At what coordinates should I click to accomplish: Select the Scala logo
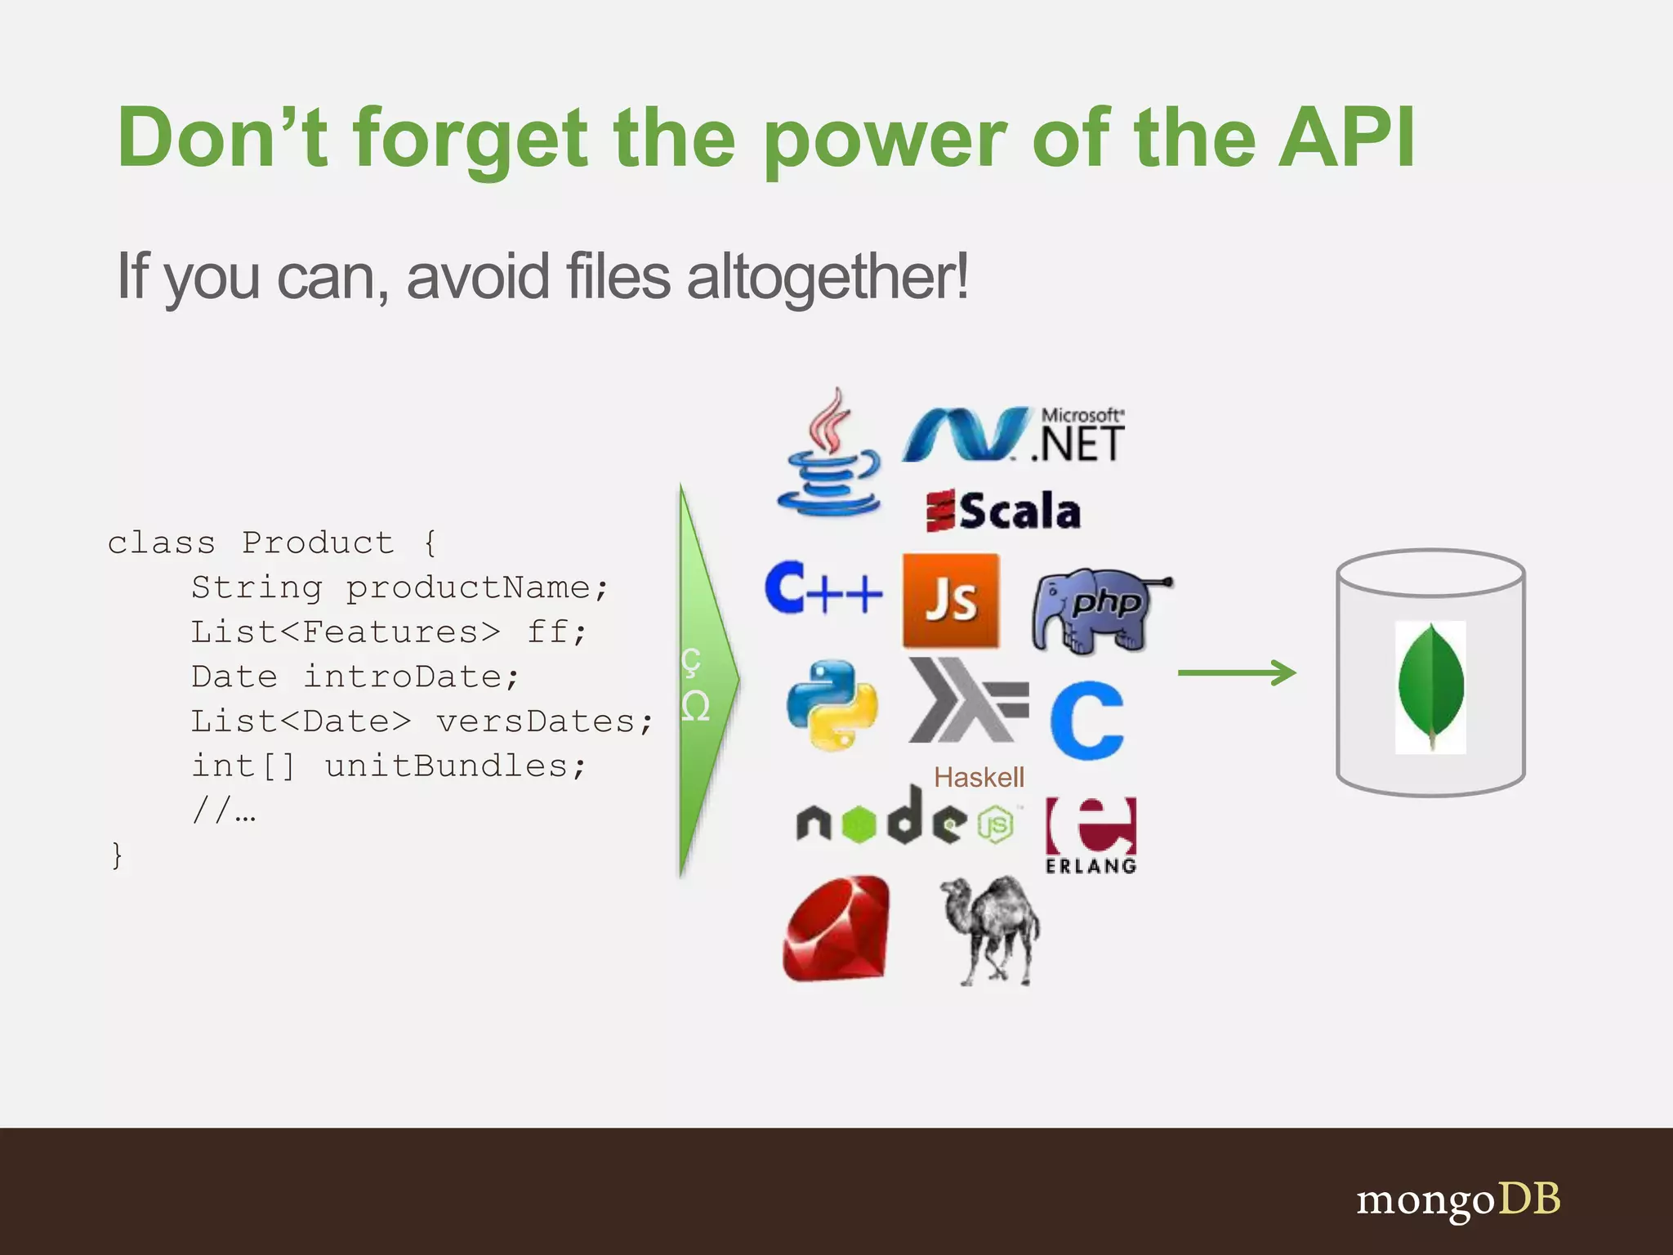(x=1004, y=511)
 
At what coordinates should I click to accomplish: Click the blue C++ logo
(x=823, y=588)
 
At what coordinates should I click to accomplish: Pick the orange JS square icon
(x=951, y=601)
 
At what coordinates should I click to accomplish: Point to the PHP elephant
(x=1099, y=610)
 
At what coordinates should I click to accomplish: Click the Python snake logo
(x=832, y=704)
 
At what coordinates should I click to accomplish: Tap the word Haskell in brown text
(x=979, y=777)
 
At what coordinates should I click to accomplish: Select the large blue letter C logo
(x=1087, y=721)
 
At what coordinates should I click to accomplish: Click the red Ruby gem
(x=836, y=929)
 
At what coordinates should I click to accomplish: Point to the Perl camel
(x=990, y=930)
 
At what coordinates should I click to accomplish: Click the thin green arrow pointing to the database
(x=1236, y=673)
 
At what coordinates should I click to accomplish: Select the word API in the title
(x=1347, y=138)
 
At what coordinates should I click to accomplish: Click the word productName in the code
(x=468, y=587)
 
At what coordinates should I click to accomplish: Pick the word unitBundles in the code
(x=446, y=766)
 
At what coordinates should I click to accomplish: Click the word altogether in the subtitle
(x=827, y=276)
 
